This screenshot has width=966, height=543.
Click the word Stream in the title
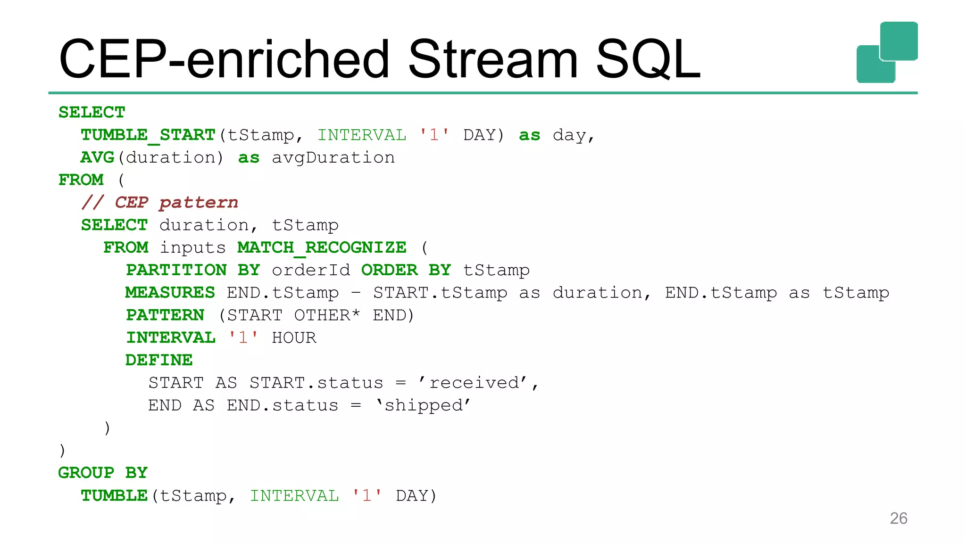[x=492, y=59]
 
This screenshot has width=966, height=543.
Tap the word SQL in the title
[x=648, y=60]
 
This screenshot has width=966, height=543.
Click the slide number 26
[x=898, y=518]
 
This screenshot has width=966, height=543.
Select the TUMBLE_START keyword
[x=148, y=135]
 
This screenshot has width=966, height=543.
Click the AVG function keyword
[x=98, y=157]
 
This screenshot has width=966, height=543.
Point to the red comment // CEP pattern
[x=160, y=203]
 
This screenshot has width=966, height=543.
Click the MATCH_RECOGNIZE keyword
[x=322, y=247]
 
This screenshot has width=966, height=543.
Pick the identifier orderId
[x=311, y=270]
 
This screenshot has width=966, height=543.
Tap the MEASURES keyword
[x=170, y=293]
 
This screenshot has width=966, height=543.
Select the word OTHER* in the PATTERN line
[x=327, y=315]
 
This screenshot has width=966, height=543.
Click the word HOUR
[x=294, y=337]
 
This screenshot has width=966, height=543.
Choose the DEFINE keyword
[x=159, y=360]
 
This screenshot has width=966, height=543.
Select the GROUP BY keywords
[x=103, y=473]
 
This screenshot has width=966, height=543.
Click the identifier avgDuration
[x=333, y=157]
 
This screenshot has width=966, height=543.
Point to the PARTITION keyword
[x=176, y=270]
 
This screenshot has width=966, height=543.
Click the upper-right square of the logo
[x=899, y=41]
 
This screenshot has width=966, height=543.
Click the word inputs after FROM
[x=192, y=247]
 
